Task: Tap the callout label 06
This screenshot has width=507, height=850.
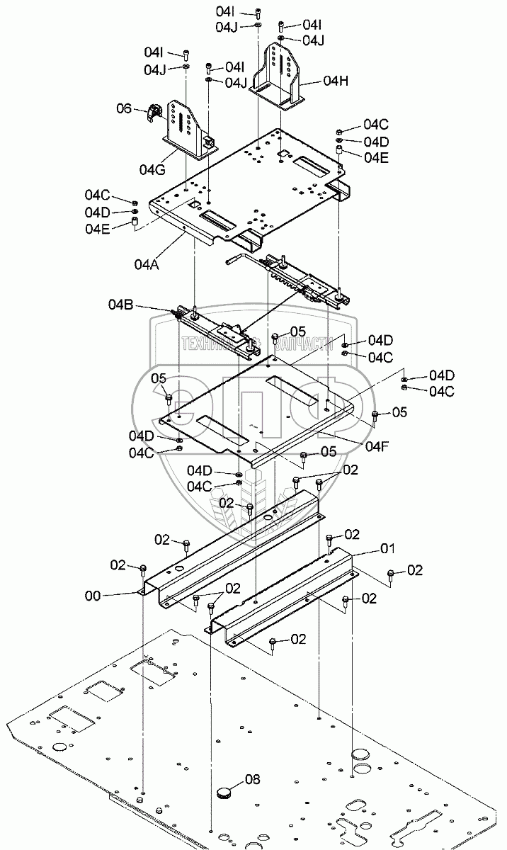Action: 124,108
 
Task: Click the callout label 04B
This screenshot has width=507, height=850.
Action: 121,305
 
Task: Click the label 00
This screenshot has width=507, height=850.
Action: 93,596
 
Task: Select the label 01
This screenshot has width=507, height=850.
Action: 387,548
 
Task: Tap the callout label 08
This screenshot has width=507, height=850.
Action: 253,780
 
